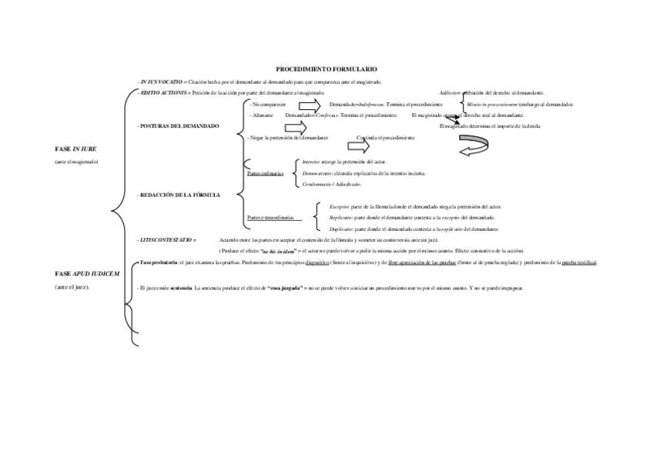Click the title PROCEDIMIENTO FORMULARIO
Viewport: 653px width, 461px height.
[x=326, y=69]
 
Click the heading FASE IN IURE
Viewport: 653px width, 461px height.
[x=75, y=148]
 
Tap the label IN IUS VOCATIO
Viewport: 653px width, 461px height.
[x=161, y=82]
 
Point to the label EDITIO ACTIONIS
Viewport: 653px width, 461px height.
[x=163, y=92]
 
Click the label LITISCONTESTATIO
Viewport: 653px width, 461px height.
[x=166, y=240]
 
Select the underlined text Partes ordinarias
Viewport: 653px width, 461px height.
[x=265, y=174]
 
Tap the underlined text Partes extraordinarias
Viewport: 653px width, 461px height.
[x=274, y=218]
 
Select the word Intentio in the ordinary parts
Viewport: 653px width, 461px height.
[x=311, y=162]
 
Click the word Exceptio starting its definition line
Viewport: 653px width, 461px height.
[x=339, y=207]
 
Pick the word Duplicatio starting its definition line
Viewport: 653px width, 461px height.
[x=341, y=229]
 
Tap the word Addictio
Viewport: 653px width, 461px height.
[x=450, y=92]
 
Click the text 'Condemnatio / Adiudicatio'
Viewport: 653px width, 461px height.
[x=332, y=184]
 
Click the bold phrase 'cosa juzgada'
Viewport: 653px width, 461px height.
[x=283, y=288]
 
